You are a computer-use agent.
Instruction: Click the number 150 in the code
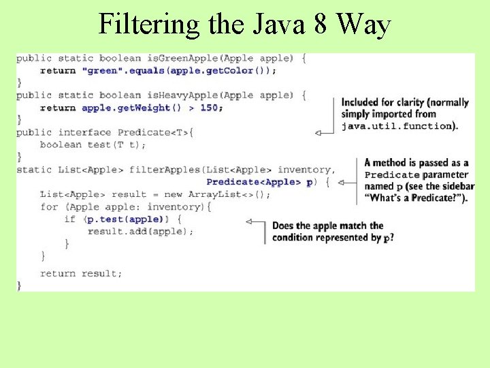(x=211, y=108)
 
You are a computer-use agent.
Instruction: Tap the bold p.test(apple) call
(x=124, y=219)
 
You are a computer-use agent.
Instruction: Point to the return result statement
(x=82, y=273)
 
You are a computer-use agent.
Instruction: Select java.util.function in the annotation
(x=397, y=126)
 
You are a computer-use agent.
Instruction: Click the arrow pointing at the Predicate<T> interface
(x=326, y=133)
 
